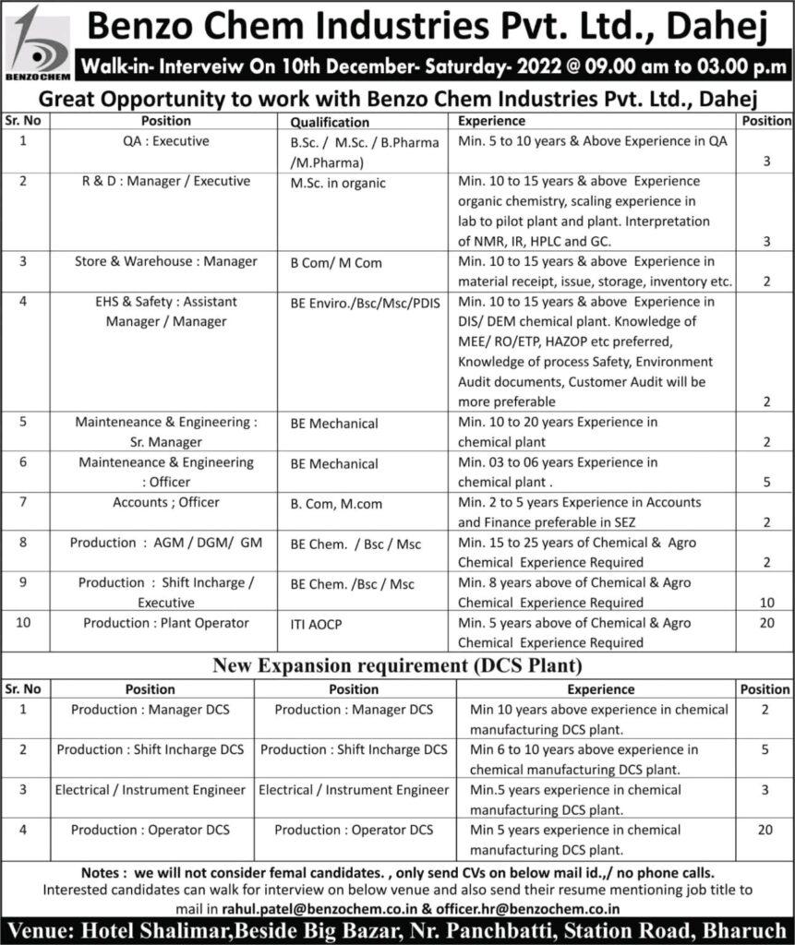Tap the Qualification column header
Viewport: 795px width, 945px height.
(x=330, y=122)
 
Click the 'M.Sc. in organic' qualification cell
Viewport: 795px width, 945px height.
(x=337, y=183)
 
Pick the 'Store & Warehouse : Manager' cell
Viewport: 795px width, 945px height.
(x=166, y=261)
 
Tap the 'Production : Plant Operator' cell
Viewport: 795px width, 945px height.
(x=166, y=623)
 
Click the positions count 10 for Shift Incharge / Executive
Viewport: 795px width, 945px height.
(x=766, y=603)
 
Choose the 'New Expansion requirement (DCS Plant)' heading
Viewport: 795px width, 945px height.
(x=398, y=664)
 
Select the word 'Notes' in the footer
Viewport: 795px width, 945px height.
(x=101, y=871)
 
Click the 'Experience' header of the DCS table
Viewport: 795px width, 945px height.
(x=600, y=689)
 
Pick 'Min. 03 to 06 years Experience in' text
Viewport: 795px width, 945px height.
(x=558, y=462)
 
